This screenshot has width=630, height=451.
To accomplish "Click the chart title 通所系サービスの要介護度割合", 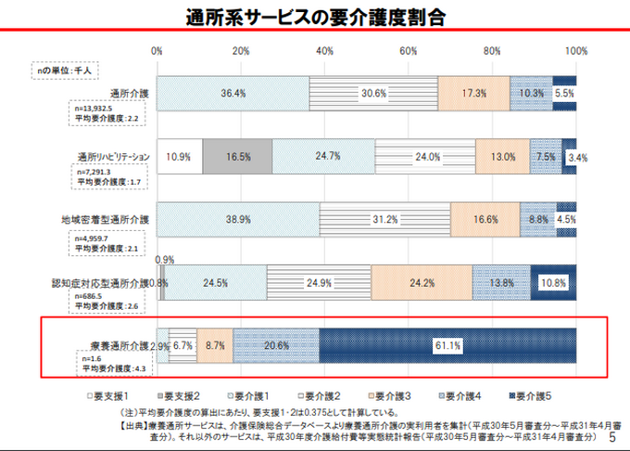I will [314, 16].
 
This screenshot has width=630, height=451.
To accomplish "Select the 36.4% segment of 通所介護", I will [233, 94].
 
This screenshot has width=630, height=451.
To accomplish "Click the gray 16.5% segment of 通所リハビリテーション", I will [236, 157].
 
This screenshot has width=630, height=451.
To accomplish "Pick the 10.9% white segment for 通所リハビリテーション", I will [180, 157].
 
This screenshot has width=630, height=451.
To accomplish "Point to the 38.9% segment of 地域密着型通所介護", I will [239, 220].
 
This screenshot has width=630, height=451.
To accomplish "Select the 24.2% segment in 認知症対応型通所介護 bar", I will [422, 282].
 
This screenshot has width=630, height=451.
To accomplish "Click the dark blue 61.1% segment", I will [448, 345].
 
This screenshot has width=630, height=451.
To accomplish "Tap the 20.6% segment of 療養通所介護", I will [276, 345].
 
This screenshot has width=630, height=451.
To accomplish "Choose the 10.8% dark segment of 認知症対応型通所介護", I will [553, 282].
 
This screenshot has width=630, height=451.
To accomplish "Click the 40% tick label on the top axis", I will [325, 50].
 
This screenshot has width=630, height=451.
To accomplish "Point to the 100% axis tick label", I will [574, 50].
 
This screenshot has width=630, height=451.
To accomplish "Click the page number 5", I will [612, 435].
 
